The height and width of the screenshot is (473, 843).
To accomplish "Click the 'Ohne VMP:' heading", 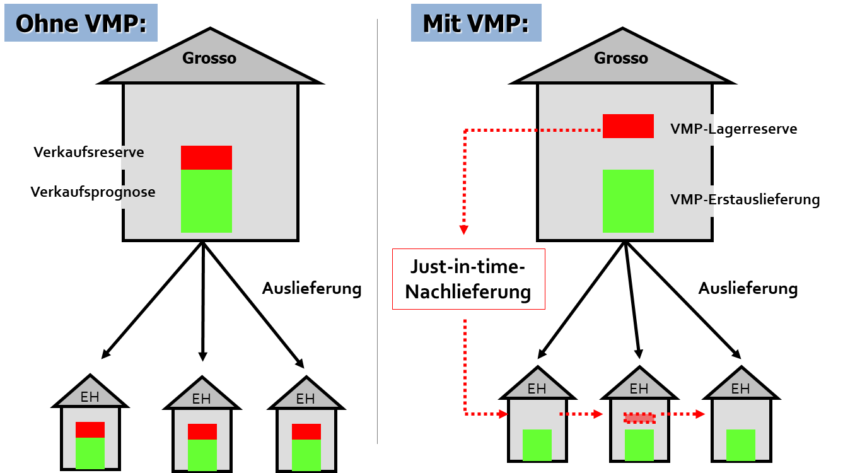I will click(x=81, y=23).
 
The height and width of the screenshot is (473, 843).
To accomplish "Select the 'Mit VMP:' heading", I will click(x=476, y=23).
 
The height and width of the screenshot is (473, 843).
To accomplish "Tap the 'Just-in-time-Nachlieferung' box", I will click(x=468, y=279).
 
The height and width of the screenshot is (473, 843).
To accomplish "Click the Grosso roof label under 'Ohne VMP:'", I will click(x=209, y=58).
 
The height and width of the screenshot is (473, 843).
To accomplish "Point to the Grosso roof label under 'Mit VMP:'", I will click(x=621, y=58).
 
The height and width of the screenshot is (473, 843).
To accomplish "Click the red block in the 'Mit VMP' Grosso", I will click(x=628, y=126).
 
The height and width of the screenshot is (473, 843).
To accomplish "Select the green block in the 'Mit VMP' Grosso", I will click(x=628, y=201).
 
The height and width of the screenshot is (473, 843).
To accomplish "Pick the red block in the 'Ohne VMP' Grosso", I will click(x=206, y=158).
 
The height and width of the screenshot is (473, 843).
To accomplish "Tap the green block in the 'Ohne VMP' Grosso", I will click(x=206, y=201).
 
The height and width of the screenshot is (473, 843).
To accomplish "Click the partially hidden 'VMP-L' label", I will click(x=691, y=129).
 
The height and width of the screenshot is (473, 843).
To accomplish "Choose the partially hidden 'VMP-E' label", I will click(x=692, y=200).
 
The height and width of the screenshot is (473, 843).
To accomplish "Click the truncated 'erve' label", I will click(x=133, y=153).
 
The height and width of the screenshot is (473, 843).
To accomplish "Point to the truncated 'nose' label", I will click(x=138, y=192).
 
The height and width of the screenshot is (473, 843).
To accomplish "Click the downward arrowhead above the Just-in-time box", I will click(x=464, y=230).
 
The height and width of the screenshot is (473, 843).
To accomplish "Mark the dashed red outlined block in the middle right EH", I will click(x=639, y=418).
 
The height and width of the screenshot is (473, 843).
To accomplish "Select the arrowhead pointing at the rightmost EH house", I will click(x=701, y=414).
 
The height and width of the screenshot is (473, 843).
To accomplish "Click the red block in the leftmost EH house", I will click(x=90, y=429).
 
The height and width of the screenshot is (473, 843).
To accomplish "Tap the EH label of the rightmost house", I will click(x=740, y=389).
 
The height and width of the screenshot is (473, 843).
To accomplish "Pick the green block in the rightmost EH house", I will click(x=741, y=445).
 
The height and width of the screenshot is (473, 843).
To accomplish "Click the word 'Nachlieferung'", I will click(x=468, y=292).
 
